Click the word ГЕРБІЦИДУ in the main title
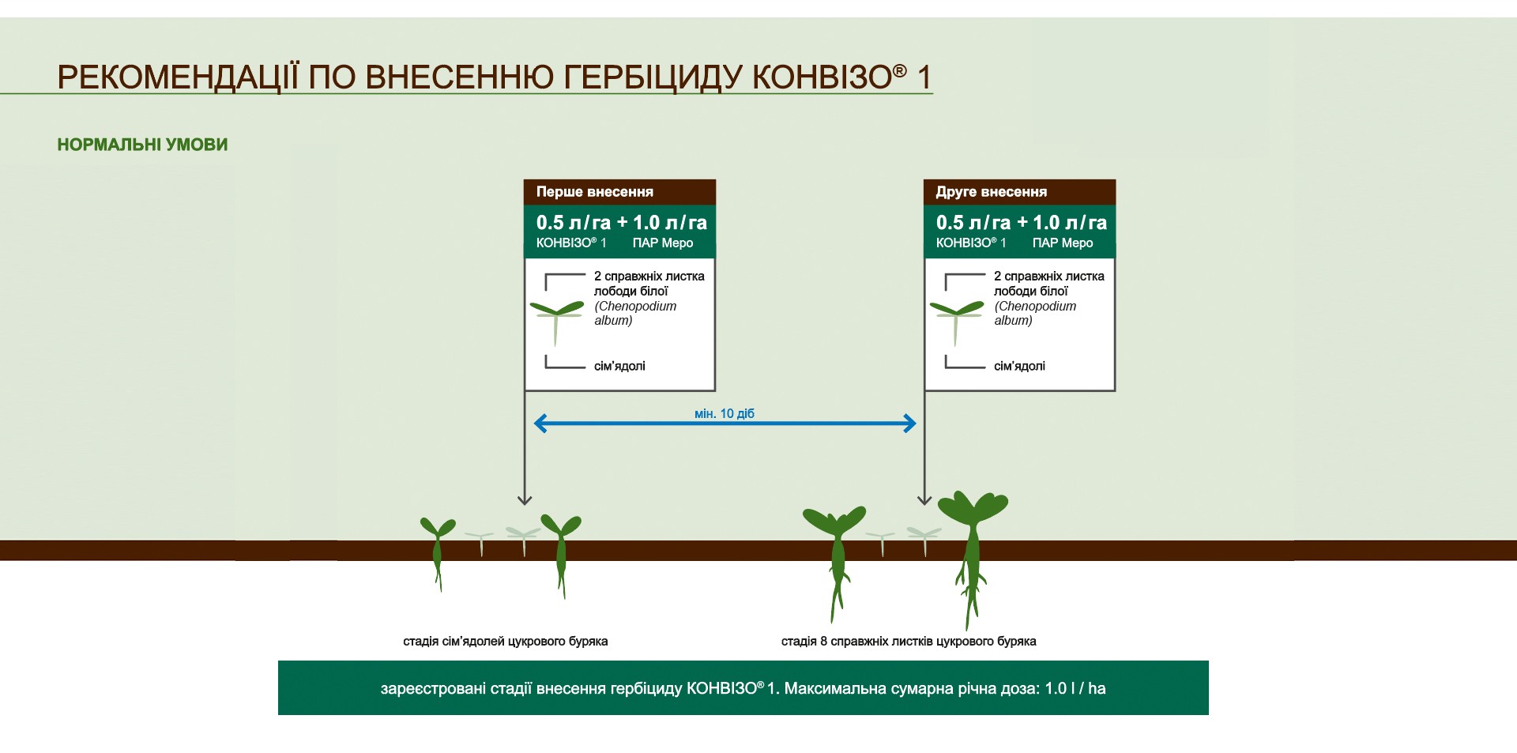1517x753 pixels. click(x=653, y=78)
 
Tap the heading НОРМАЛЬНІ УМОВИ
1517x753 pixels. click(x=142, y=145)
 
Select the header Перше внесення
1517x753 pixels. click(x=595, y=192)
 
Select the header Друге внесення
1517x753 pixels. click(x=992, y=192)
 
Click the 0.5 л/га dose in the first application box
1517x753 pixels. click(x=574, y=223)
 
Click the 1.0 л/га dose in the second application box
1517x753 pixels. click(x=1070, y=223)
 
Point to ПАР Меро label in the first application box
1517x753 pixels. click(x=663, y=243)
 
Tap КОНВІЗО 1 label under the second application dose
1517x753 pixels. click(x=971, y=243)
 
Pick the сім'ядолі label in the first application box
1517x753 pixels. click(x=619, y=366)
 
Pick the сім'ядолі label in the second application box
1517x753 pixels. click(x=1019, y=366)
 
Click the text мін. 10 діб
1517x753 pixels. click(x=725, y=413)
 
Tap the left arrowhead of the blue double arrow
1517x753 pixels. click(x=539, y=424)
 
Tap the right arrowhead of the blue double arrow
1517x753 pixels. click(x=911, y=424)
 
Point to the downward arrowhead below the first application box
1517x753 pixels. click(x=525, y=500)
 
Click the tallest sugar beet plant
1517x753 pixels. click(x=973, y=553)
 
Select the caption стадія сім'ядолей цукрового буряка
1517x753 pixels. click(x=506, y=642)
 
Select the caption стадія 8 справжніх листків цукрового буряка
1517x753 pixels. click(x=909, y=642)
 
